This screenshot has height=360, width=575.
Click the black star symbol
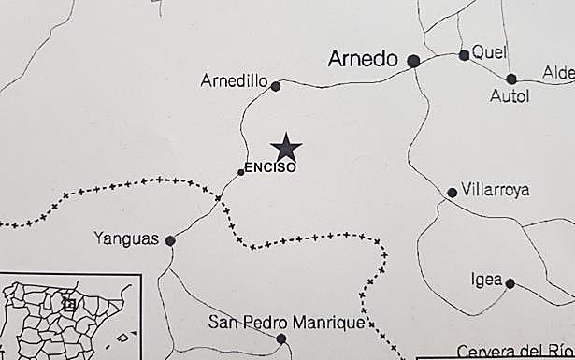tap(286, 147)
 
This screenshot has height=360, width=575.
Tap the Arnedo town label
tap(364, 59)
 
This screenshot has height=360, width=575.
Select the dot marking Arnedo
tap(413, 61)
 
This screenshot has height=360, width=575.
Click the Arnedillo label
tap(234, 81)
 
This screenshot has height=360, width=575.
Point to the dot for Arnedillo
tap(276, 86)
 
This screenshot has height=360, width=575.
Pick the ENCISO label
tap(269, 168)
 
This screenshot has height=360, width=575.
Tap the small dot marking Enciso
tap(241, 172)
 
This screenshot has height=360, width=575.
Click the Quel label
tap(489, 52)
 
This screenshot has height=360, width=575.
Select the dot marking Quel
tap(464, 55)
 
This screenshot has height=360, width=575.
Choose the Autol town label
tap(510, 95)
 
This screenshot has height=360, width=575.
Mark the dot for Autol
tap(511, 79)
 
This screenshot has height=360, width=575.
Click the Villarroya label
tap(496, 190)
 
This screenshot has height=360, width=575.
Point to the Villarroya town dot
tap(453, 193)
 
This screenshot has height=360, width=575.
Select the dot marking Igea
tap(510, 282)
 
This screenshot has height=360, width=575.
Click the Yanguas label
tap(126, 238)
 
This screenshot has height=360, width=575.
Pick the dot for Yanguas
tap(170, 240)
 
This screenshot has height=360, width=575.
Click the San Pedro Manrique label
tap(285, 324)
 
